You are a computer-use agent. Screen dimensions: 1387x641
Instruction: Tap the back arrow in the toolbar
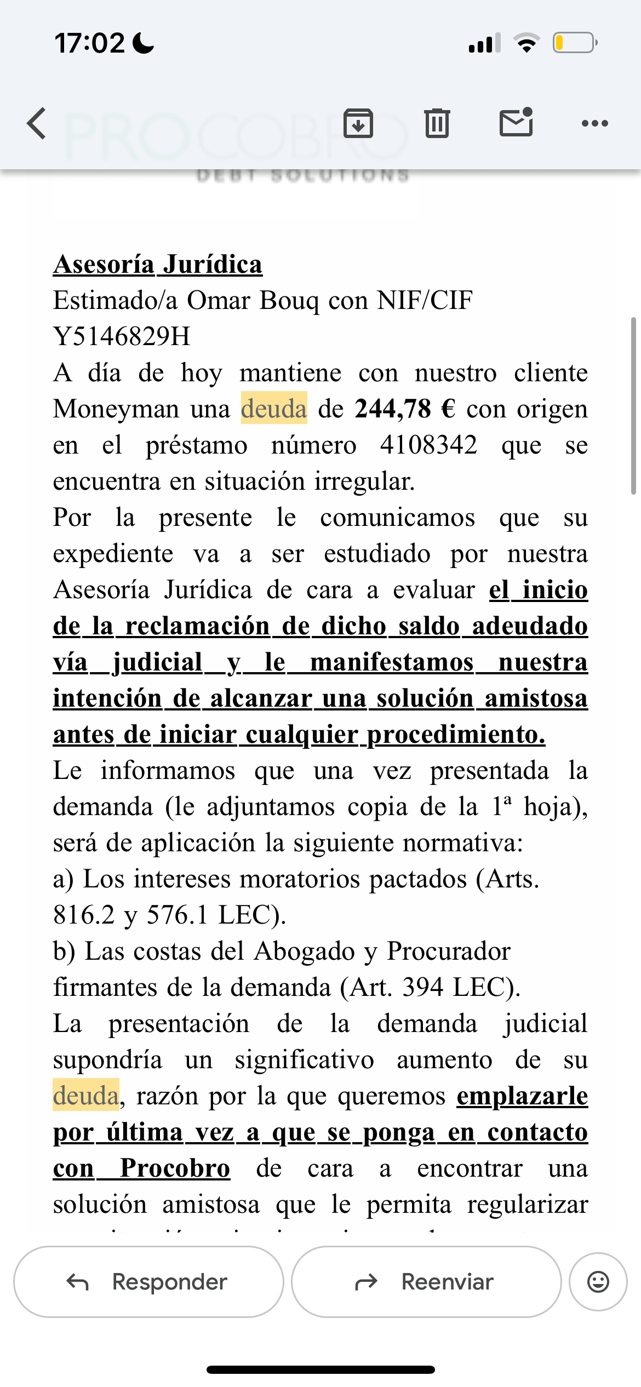37,123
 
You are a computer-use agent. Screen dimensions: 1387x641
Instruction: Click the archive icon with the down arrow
358,123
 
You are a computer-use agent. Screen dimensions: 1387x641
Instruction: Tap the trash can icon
437,123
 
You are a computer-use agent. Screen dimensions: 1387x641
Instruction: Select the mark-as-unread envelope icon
516,122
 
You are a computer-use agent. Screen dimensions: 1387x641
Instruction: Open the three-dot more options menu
595,123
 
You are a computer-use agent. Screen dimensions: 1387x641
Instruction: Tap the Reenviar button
426,1282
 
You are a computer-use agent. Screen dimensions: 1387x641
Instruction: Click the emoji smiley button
598,1282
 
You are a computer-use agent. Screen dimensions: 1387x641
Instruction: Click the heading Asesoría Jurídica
158,265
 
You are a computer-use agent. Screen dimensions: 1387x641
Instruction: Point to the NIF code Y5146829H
122,336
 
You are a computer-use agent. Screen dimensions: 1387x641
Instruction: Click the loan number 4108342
428,445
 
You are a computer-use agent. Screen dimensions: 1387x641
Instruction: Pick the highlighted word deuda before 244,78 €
274,409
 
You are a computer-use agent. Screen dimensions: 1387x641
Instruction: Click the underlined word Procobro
175,1168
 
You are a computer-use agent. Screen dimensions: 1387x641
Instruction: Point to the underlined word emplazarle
522,1096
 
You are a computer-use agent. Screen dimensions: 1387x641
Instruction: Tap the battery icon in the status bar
574,43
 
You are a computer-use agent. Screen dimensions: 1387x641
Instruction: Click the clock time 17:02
90,43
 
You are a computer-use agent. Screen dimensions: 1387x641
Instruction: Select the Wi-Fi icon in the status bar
526,43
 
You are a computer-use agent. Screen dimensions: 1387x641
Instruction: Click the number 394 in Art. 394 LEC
422,988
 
